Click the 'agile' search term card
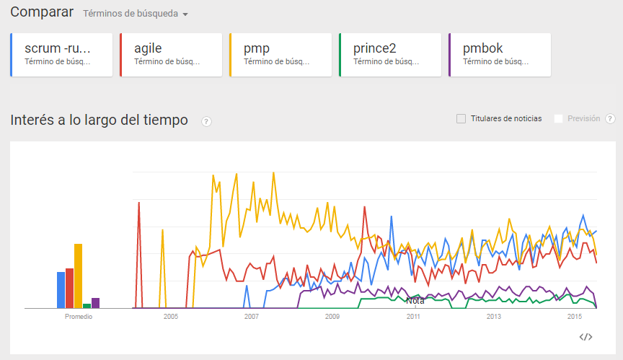[x=171, y=55]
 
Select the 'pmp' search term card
[x=280, y=55]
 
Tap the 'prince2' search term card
[x=390, y=55]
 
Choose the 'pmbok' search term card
[x=500, y=55]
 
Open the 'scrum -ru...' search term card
[x=62, y=55]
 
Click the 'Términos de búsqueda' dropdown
[x=136, y=14]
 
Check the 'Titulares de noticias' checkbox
[x=461, y=118]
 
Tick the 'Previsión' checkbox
[x=558, y=118]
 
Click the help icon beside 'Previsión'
[x=610, y=119]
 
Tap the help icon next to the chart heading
[x=206, y=121]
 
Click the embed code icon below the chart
[x=586, y=336]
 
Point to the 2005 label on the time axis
[x=171, y=317]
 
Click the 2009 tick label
[x=332, y=317]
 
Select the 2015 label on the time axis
[x=575, y=317]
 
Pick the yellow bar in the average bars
[x=78, y=276]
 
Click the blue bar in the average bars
[x=61, y=290]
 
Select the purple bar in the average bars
[x=95, y=303]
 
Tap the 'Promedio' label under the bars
[x=79, y=317]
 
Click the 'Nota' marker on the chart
[x=415, y=301]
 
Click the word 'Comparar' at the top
[x=42, y=12]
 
